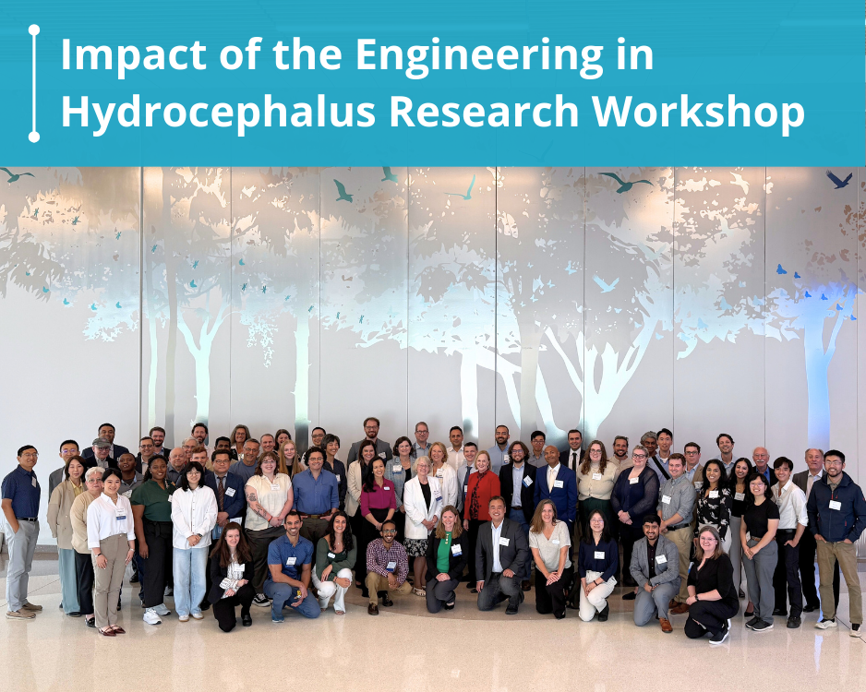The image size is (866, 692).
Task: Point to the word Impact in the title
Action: point(134,55)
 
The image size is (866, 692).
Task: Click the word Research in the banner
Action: point(484,111)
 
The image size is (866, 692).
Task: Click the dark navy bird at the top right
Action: point(838,180)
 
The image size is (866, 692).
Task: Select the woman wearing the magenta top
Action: point(377,507)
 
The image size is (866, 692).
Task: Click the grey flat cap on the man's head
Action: point(101,442)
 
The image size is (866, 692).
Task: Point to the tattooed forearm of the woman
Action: point(257,506)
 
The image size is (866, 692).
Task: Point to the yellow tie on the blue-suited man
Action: point(550,478)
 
